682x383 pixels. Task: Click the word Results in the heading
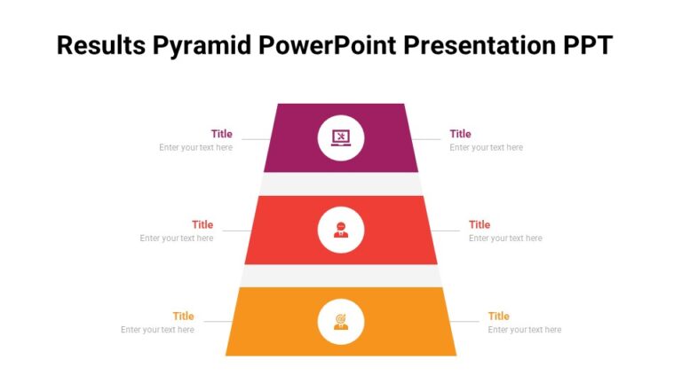coord(99,46)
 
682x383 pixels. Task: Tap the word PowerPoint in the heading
coord(329,46)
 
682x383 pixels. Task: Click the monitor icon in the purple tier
coord(341,137)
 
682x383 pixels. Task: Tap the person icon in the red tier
coord(341,230)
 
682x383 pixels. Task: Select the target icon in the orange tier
coord(341,321)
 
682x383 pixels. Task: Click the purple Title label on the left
coord(221,134)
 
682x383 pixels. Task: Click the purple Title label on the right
coord(460,134)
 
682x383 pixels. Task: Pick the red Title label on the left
coord(202,224)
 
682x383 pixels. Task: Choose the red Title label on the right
coord(480,224)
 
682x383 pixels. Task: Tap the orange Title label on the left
coord(183,316)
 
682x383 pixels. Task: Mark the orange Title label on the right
coord(498,316)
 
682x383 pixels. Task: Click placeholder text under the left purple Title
coord(195,148)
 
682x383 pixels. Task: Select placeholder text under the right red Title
coord(505,238)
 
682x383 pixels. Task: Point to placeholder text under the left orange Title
coord(157,330)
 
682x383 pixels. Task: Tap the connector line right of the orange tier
coord(465,321)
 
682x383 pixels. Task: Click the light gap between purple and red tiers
coord(341,184)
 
